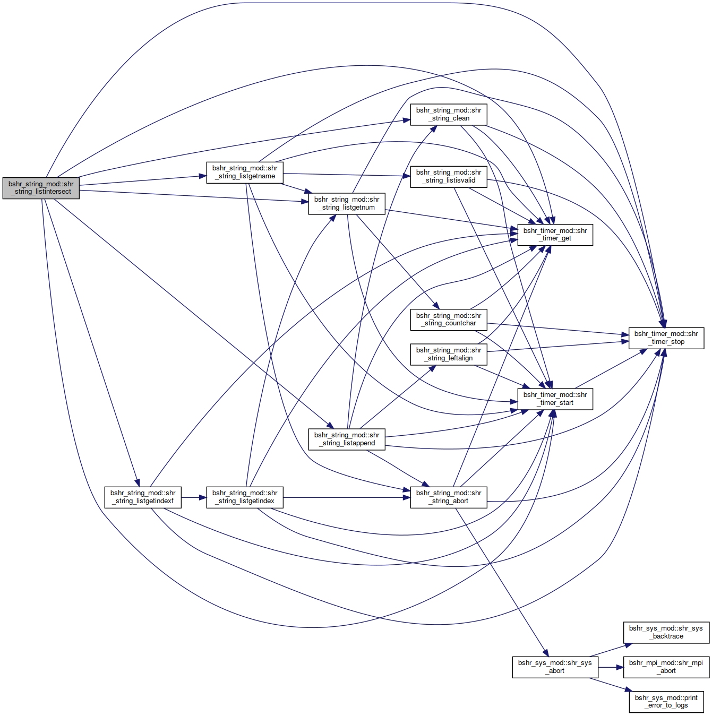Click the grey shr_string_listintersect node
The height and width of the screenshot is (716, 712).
[x=41, y=188]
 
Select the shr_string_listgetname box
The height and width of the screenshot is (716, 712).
[x=245, y=172]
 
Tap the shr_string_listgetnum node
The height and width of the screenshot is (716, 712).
[x=347, y=204]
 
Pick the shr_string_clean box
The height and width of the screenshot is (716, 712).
[x=449, y=115]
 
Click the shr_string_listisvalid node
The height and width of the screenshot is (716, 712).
[x=449, y=177]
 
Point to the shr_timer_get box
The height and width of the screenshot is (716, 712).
[x=555, y=235]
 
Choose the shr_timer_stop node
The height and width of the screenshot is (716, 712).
[x=666, y=338]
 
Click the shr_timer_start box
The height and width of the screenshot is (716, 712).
[x=555, y=399]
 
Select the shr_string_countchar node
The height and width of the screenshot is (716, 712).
[x=449, y=320]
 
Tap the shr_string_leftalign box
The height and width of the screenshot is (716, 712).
[x=449, y=355]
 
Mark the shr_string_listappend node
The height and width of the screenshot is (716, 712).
[x=347, y=439]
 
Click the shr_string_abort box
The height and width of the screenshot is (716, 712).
[x=449, y=497]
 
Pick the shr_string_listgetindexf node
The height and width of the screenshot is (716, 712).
[x=143, y=497]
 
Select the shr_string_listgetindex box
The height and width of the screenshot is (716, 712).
[x=245, y=497]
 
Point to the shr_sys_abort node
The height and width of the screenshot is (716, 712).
[x=555, y=667]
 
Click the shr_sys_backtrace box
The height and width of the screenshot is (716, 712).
[x=666, y=632]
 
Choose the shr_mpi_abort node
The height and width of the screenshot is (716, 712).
[x=666, y=667]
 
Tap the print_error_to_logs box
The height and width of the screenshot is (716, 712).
[x=666, y=702]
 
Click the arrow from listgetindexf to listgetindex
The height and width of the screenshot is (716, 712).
[x=194, y=497]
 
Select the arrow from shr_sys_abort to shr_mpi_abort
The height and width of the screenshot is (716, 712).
[x=611, y=667]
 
